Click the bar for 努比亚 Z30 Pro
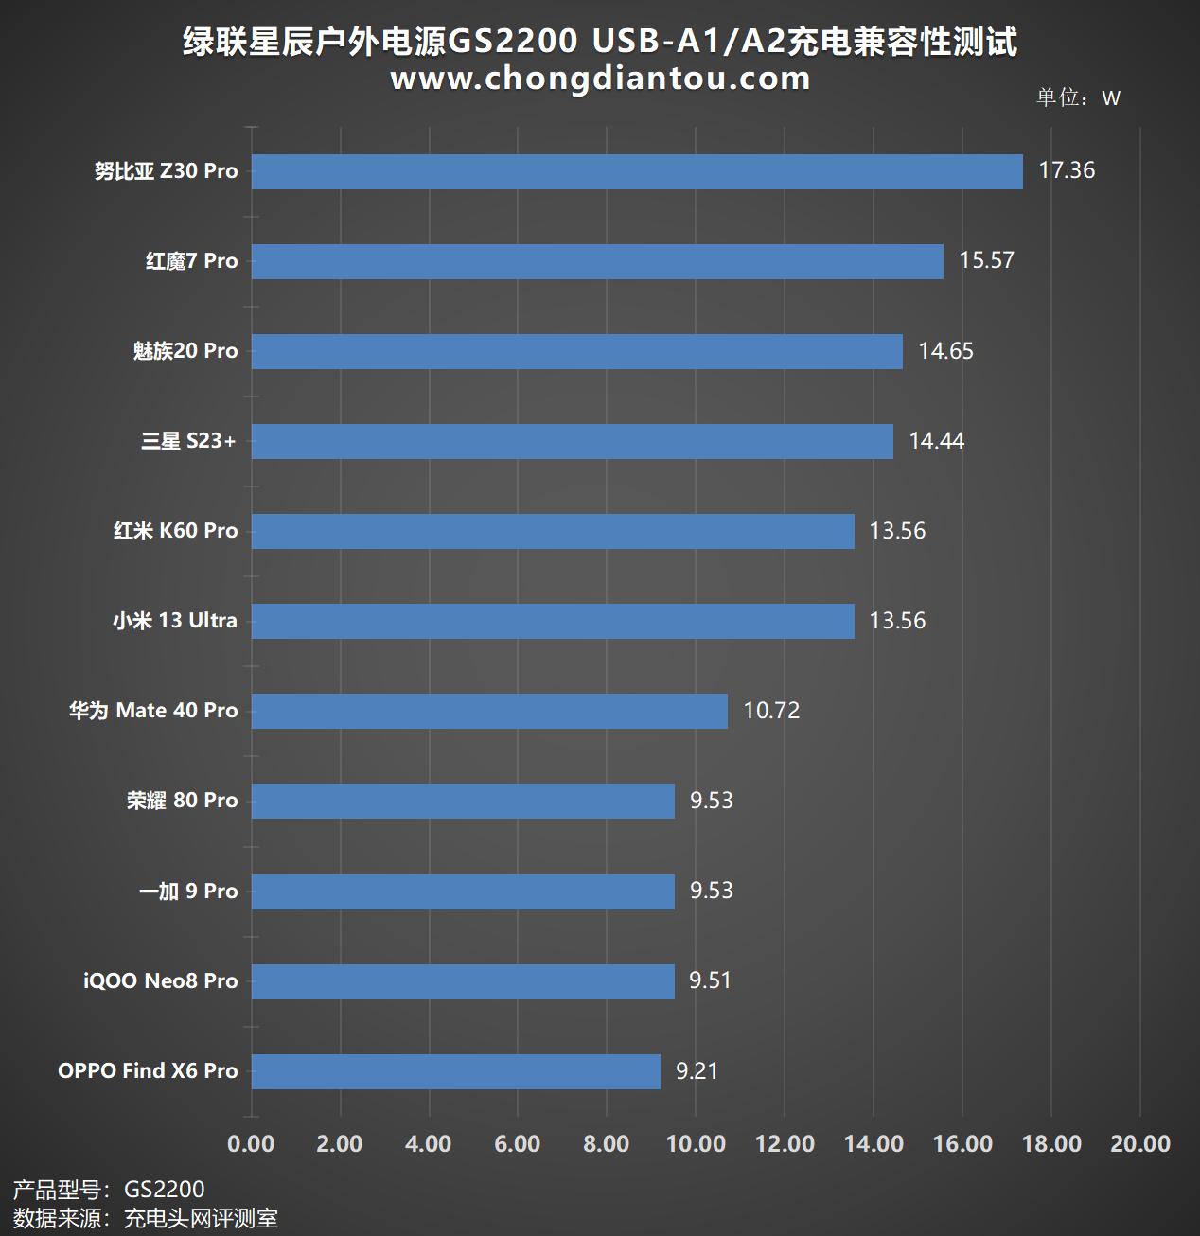click(637, 171)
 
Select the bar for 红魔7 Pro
click(597, 261)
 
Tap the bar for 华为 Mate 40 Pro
click(489, 711)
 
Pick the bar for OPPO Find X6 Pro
click(455, 1071)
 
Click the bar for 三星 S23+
click(572, 441)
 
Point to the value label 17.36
click(1067, 170)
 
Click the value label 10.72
click(771, 711)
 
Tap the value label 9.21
click(697, 1071)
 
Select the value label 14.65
click(945, 351)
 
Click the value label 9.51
click(710, 980)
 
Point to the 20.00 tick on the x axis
click(1139, 1144)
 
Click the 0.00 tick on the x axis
click(251, 1144)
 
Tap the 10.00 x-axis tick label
click(696, 1144)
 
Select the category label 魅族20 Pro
click(185, 351)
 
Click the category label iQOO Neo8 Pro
click(161, 980)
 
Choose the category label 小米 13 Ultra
click(175, 621)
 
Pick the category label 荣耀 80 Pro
click(183, 801)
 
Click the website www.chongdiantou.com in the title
click(600, 79)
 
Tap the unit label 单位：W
click(1078, 97)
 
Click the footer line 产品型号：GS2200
click(109, 1190)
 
